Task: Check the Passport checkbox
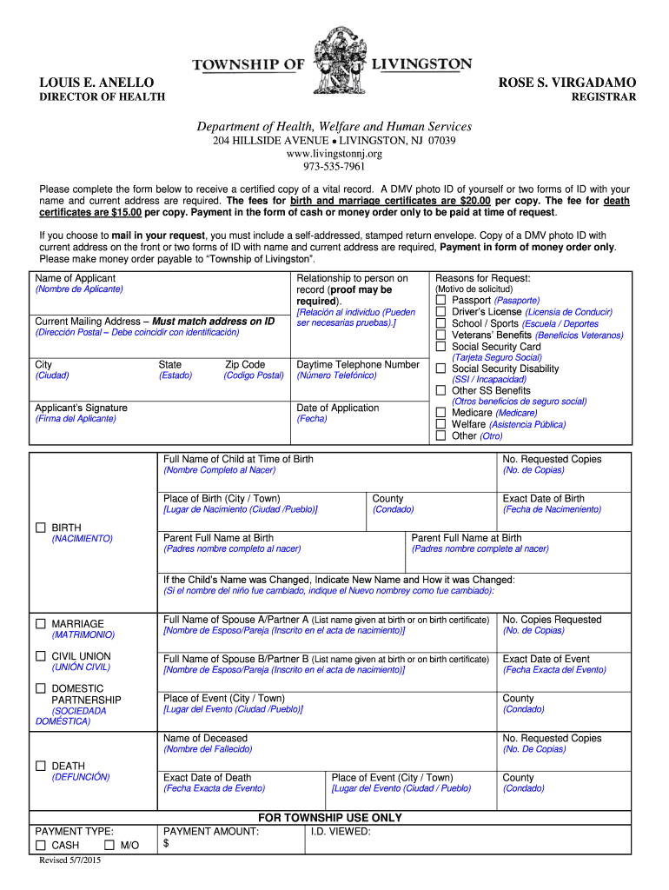[x=441, y=301]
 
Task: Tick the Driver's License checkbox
[x=441, y=312]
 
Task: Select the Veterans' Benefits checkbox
[x=441, y=335]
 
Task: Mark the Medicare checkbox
[x=441, y=413]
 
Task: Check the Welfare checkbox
[x=441, y=424]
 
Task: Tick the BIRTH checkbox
[x=41, y=528]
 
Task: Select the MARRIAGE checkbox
[x=41, y=624]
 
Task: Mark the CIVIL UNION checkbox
[x=41, y=656]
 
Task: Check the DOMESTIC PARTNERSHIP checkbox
[x=41, y=688]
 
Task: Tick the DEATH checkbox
[x=41, y=766]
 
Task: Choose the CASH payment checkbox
[x=41, y=845]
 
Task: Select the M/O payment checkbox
[x=109, y=845]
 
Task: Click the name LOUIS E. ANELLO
[x=96, y=83]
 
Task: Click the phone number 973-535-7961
[x=334, y=167]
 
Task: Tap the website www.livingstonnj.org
[x=334, y=154]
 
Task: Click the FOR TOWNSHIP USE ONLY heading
[x=330, y=818]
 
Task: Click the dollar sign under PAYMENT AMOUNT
[x=167, y=844]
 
